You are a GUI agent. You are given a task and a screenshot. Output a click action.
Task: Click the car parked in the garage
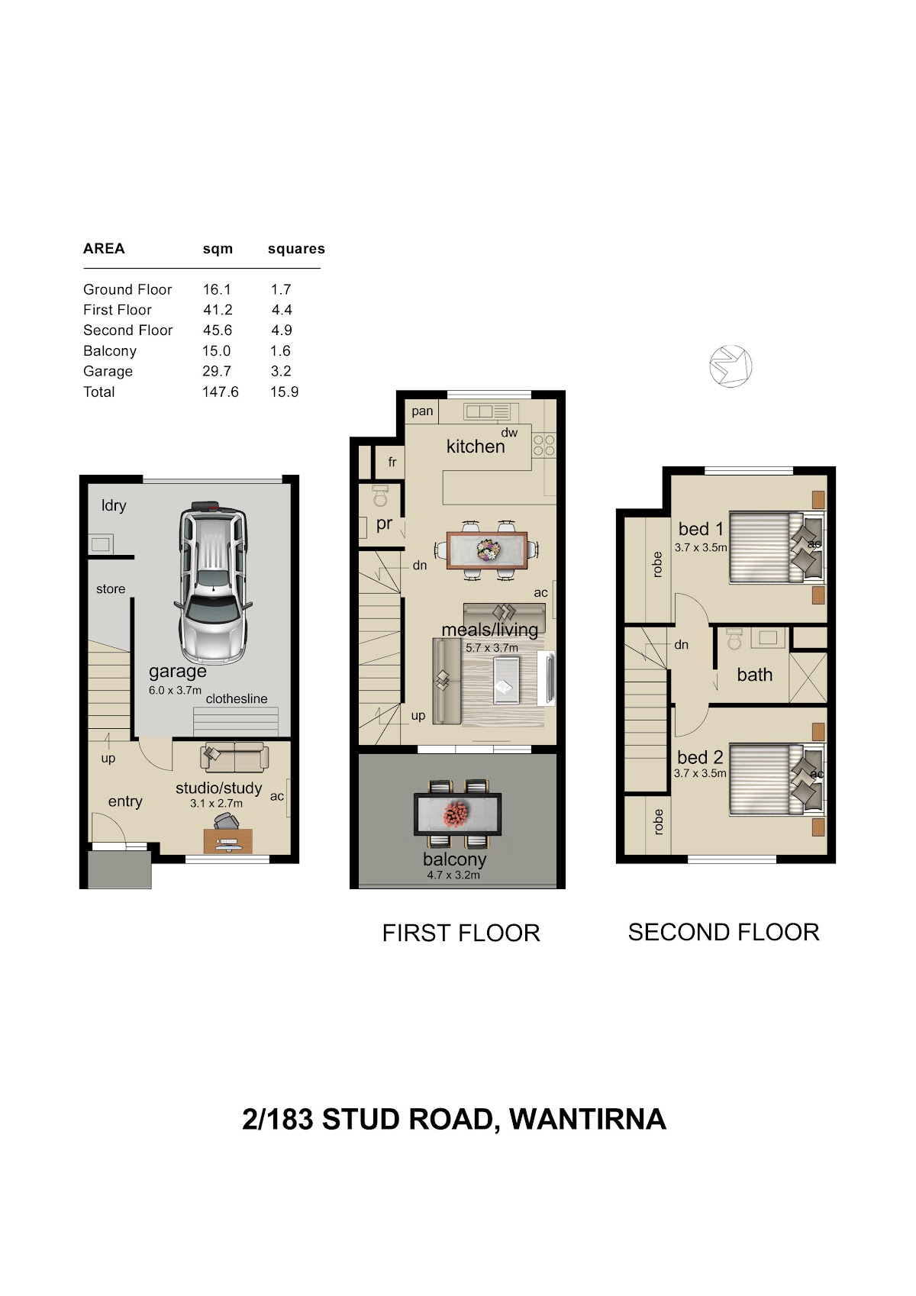(213, 582)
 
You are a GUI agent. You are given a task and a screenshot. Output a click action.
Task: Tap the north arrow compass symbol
(731, 366)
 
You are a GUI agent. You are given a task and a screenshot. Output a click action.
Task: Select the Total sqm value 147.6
(221, 392)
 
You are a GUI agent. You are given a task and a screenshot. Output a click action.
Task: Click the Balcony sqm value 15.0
(217, 350)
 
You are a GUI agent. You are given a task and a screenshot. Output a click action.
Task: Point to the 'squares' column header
(296, 249)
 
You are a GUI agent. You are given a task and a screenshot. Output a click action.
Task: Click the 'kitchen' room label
(476, 446)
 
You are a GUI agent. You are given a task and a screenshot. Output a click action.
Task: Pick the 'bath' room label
(755, 675)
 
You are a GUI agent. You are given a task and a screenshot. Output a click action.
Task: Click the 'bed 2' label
(700, 757)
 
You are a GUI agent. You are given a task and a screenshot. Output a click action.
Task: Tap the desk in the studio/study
(228, 840)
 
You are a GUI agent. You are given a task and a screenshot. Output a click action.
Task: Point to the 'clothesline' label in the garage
(237, 698)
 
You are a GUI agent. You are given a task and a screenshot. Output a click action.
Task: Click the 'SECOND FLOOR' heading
(724, 932)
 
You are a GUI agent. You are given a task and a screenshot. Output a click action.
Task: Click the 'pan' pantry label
(422, 411)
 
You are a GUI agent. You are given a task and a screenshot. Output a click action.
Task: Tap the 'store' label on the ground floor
(111, 589)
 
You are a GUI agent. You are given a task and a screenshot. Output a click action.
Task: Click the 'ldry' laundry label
(114, 506)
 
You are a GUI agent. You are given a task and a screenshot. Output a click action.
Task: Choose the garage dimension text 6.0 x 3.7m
(176, 690)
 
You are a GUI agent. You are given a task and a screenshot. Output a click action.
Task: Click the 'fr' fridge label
(392, 462)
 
